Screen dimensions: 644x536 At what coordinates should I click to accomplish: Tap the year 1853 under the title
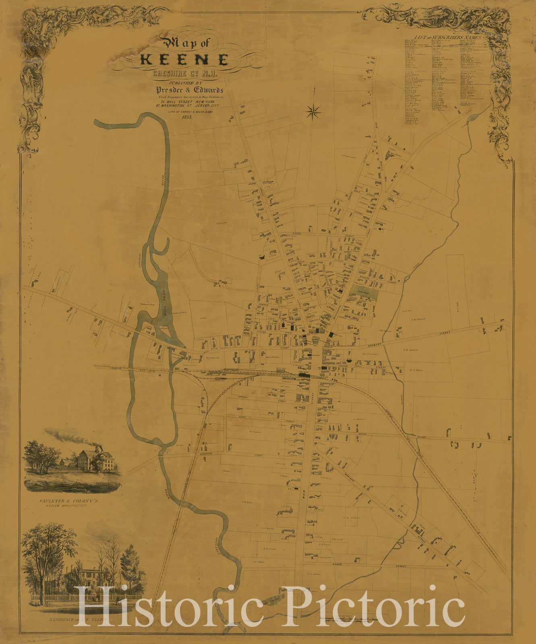186,117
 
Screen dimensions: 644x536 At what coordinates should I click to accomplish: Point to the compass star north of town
313,111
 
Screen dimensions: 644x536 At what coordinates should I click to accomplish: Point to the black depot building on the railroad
304,375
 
